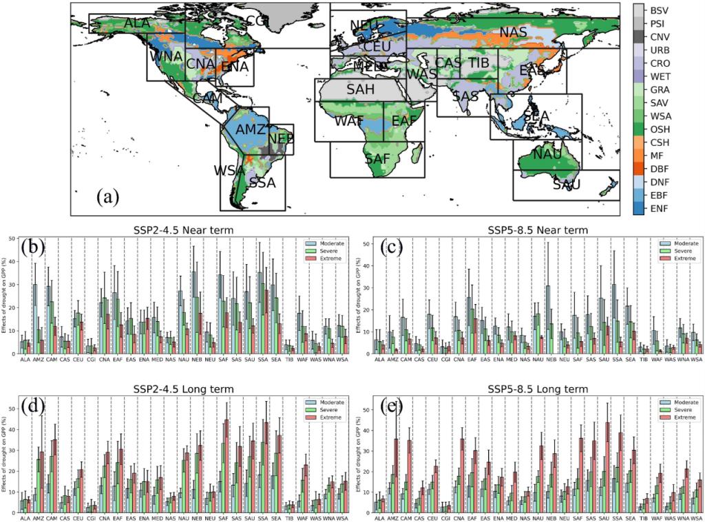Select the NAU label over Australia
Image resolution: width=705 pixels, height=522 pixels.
pos(547,155)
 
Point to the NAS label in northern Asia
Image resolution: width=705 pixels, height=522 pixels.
pos(513,32)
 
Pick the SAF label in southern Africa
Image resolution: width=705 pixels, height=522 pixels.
pos(378,159)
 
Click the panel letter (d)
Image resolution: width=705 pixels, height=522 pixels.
pos(34,406)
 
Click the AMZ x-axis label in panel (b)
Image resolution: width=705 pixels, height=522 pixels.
pos(36,360)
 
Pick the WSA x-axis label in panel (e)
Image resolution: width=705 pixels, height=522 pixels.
pos(697,518)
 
